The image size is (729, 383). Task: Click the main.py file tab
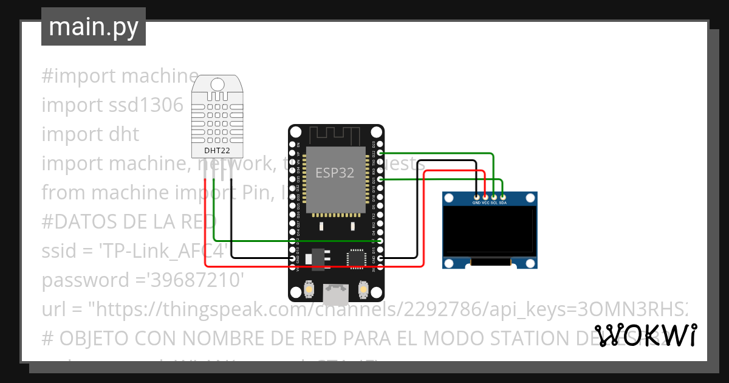coord(93,27)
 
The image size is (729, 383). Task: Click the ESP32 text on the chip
coord(335,173)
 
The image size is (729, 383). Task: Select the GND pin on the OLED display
coord(477,198)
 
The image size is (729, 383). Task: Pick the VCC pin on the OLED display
coord(485,198)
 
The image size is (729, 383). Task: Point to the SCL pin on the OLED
coord(494,198)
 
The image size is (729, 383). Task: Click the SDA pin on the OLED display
coord(502,198)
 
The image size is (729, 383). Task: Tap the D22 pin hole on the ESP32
coord(380,153)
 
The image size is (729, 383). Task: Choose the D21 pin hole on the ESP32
coord(380,179)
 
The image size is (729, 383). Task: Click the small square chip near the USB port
coord(356,258)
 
